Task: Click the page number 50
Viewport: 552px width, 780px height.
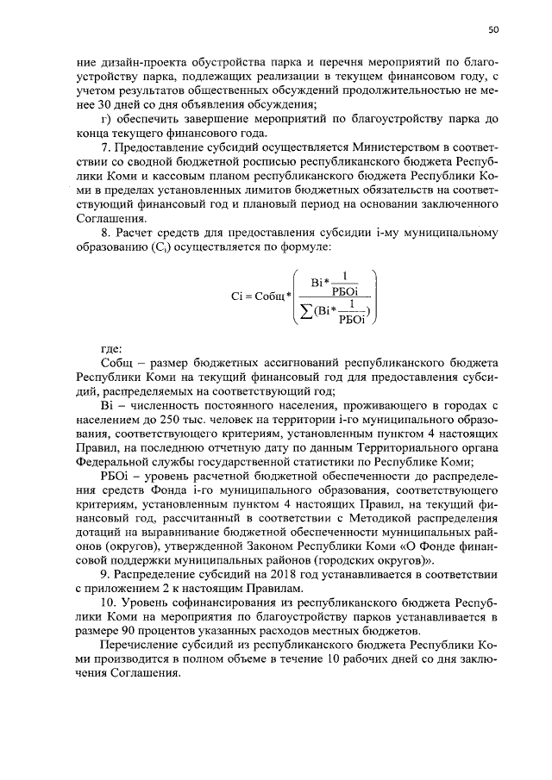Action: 493,28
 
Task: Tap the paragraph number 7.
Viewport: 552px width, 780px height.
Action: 105,147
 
